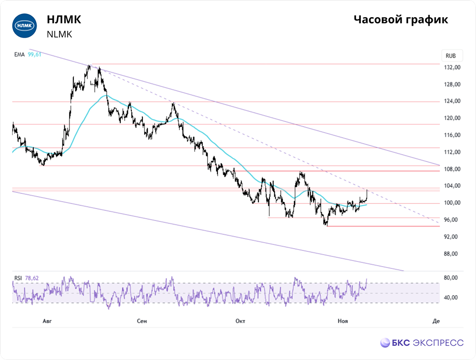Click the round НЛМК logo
(24, 26)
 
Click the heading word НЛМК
(64, 20)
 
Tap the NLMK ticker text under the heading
(59, 34)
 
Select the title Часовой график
(401, 20)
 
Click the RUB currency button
(451, 56)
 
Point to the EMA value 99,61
(34, 55)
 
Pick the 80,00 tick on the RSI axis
(451, 278)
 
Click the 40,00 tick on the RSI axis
(451, 298)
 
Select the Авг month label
(47, 321)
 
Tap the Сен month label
(142, 321)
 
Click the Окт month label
(240, 321)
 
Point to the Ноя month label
(342, 321)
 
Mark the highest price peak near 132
(89, 66)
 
